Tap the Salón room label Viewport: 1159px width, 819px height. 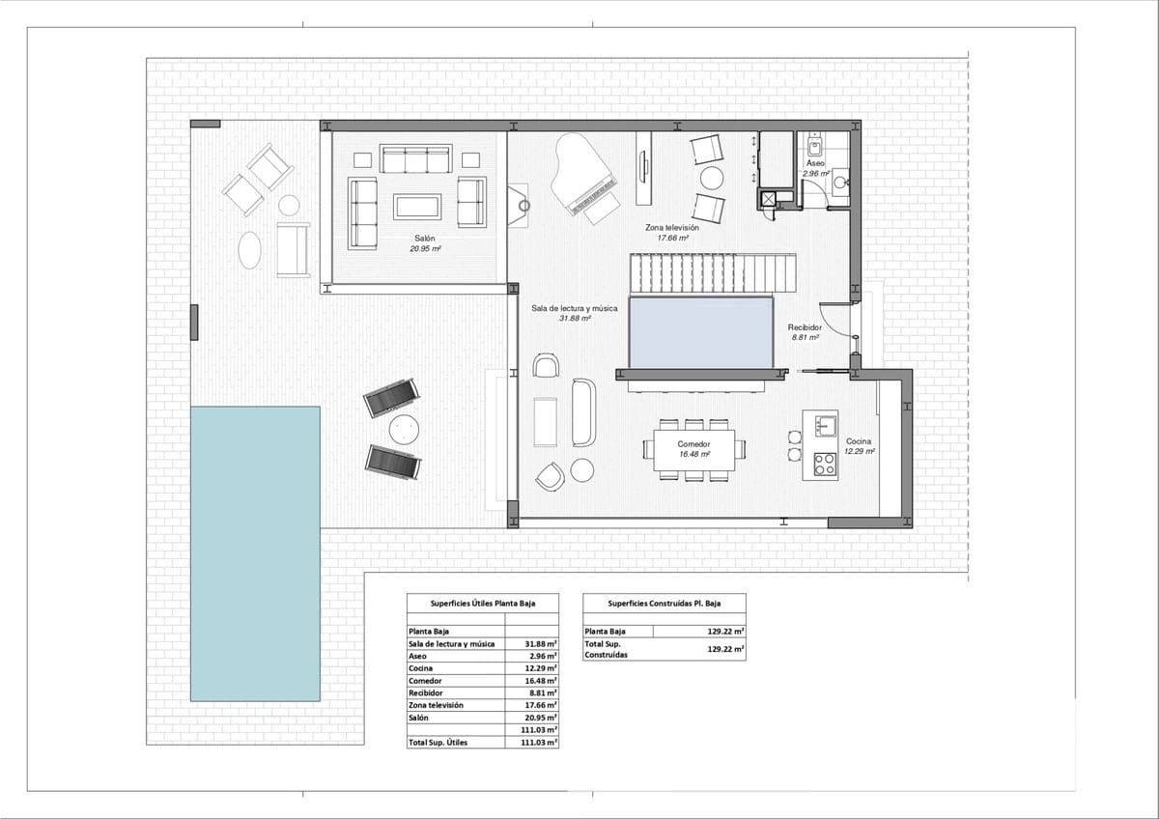pos(425,239)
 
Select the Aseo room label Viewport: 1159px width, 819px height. pos(816,164)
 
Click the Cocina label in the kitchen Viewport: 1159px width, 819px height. pos(859,441)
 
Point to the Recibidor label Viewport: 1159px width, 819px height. pos(805,328)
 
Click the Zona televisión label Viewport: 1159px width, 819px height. pos(672,228)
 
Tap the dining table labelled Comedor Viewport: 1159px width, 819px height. pos(693,449)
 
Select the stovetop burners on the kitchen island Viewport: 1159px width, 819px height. pos(824,464)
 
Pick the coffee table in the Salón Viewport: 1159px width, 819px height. pos(416,206)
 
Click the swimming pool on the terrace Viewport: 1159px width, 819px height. pos(255,552)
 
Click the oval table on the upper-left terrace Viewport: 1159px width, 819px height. pos(249,249)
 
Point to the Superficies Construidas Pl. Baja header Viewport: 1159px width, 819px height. pos(664,603)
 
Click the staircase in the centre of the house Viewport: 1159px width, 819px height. pos(715,272)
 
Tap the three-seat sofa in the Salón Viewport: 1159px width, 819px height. pos(416,159)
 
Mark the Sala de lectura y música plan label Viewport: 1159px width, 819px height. pos(575,309)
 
